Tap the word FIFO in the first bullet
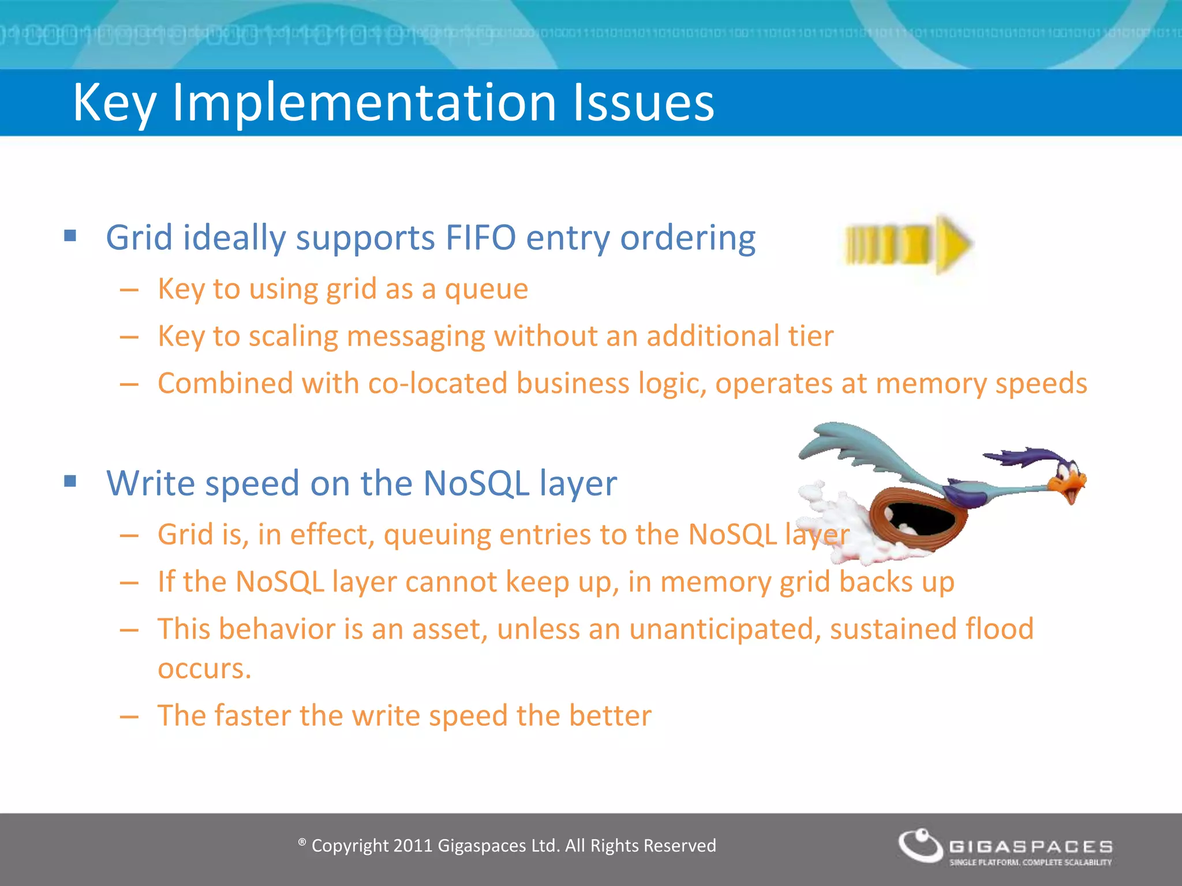[x=480, y=238]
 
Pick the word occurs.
[x=204, y=669]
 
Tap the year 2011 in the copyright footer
[x=412, y=846]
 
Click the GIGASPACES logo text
[x=1031, y=847]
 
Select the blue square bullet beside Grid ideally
[x=70, y=235]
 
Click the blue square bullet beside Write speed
[x=70, y=481]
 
